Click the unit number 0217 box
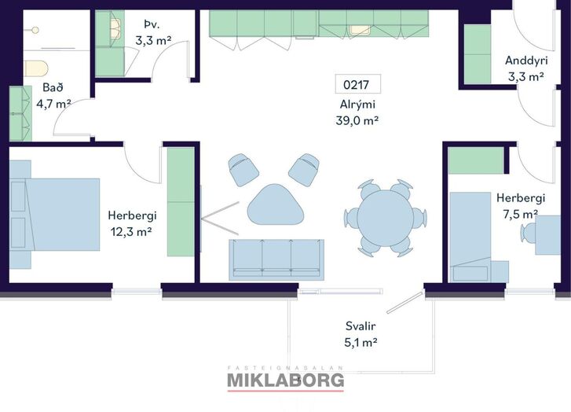[358, 84]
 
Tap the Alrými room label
[357, 105]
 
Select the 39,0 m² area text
[357, 120]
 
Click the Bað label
[53, 87]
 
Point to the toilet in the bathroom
[36, 68]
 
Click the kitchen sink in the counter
[360, 30]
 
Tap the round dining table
[385, 217]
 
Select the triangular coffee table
[276, 205]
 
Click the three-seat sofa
[276, 259]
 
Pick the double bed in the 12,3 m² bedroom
[55, 215]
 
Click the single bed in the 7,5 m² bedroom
[470, 237]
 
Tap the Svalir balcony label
[361, 326]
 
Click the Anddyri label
[526, 61]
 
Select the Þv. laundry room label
[152, 25]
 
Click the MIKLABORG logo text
[286, 380]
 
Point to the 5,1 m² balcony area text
[361, 342]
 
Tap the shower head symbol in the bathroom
[35, 30]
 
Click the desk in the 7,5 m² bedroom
[547, 235]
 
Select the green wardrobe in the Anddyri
[478, 54]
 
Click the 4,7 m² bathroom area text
[53, 104]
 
